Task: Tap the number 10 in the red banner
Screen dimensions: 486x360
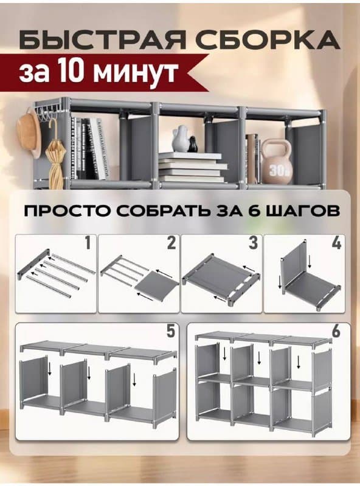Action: tap(78, 72)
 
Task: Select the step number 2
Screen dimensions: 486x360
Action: tap(171, 244)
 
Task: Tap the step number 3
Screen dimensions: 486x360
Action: tap(253, 244)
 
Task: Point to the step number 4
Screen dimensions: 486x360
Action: tap(335, 244)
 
